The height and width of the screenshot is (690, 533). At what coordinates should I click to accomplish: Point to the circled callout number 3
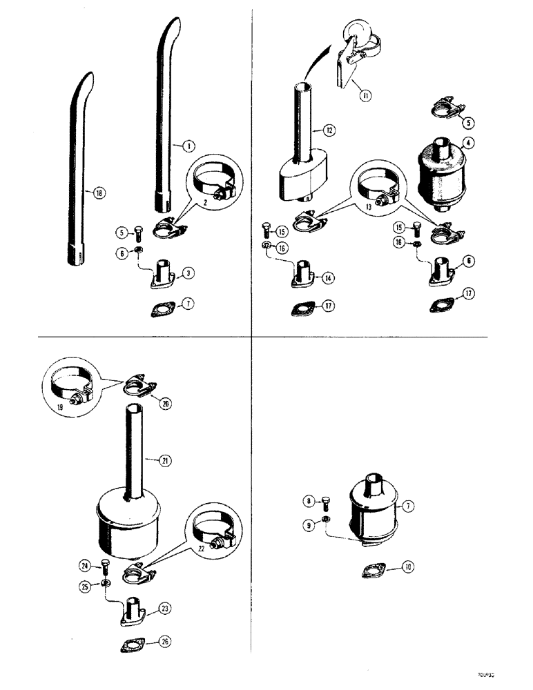[188, 273]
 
